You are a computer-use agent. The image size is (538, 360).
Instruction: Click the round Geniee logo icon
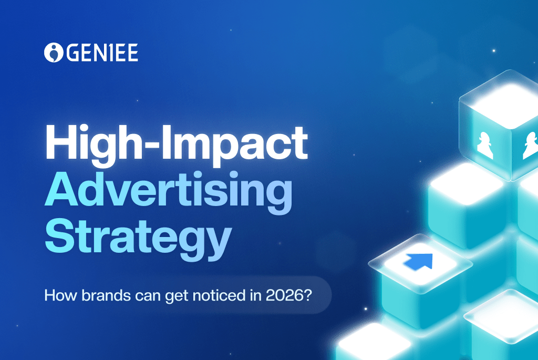(x=53, y=53)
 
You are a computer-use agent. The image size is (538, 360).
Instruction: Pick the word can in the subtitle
(x=140, y=295)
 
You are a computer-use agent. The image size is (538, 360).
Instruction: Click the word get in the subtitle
(x=169, y=295)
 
